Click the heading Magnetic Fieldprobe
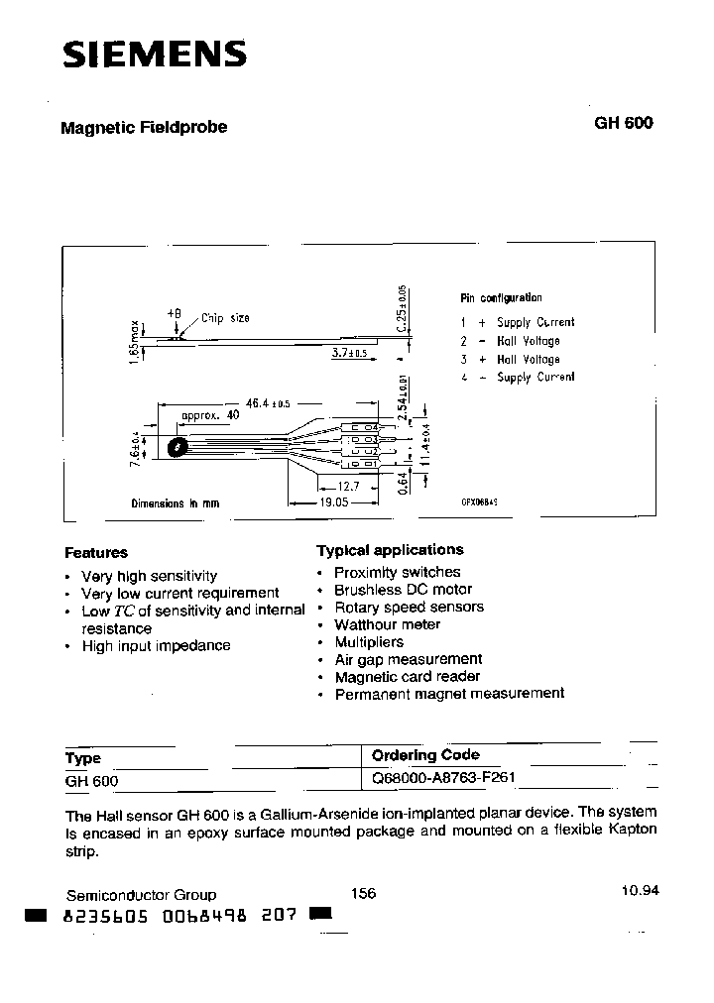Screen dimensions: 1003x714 [x=144, y=128]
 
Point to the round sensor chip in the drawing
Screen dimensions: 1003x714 [x=178, y=448]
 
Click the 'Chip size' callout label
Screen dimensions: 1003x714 [x=225, y=318]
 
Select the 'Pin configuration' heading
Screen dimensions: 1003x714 [x=501, y=297]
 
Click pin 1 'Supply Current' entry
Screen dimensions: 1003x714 [x=517, y=322]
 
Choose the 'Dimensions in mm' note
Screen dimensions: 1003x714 [x=175, y=503]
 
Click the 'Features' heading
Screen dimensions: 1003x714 [x=96, y=553]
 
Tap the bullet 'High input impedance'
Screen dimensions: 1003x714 [x=156, y=645]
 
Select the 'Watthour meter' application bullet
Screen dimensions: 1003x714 [x=387, y=624]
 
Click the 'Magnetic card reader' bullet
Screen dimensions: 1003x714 [x=408, y=677]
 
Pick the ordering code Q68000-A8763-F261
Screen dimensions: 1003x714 [x=443, y=779]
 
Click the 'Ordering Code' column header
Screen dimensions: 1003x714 [x=425, y=755]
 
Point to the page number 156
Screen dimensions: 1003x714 [x=364, y=893]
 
